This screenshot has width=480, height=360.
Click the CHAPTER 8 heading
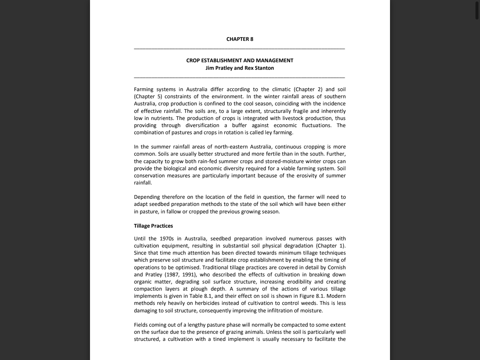[x=240, y=39]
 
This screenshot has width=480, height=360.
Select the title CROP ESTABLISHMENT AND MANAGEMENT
[x=240, y=60]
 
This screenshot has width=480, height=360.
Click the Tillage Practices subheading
[x=153, y=226]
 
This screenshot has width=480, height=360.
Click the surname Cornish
[x=336, y=267]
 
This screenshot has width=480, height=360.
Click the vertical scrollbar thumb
[x=477, y=10]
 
